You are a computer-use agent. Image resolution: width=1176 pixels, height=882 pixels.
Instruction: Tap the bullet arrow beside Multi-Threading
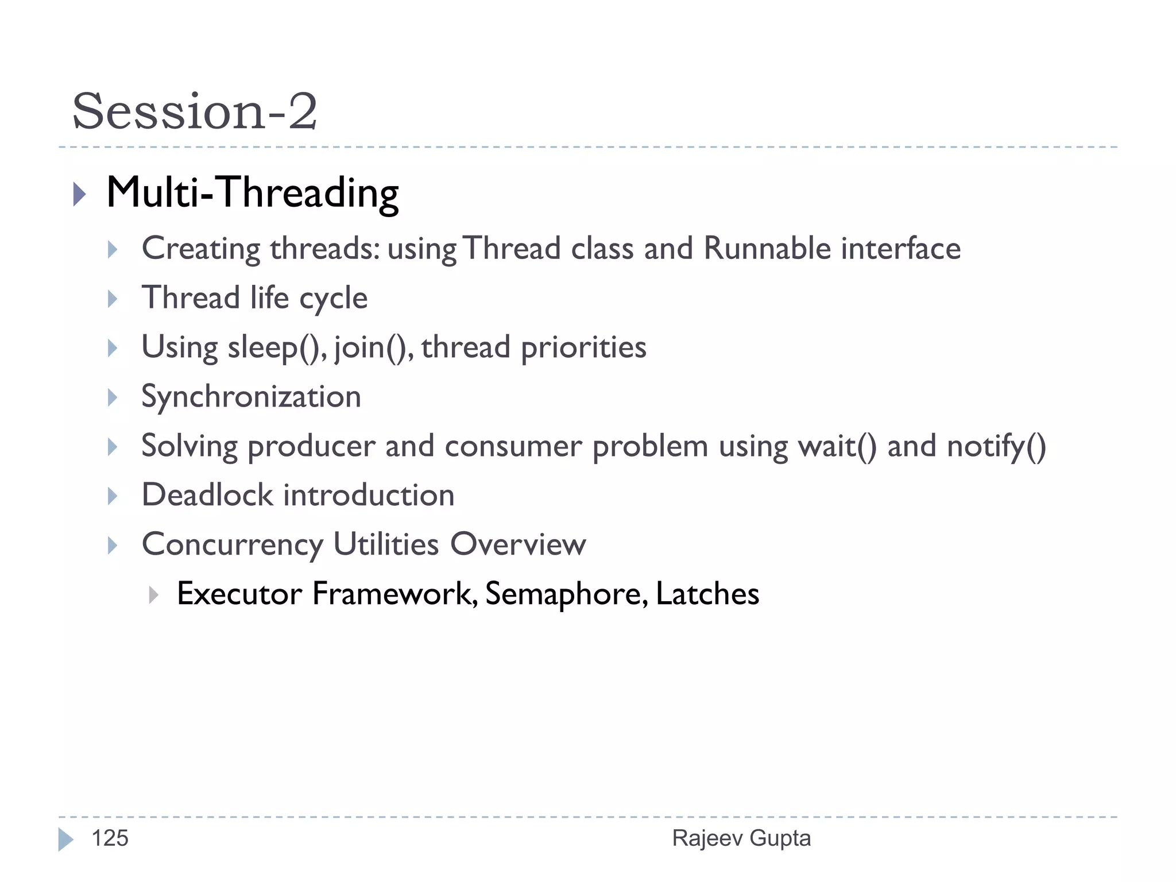80,194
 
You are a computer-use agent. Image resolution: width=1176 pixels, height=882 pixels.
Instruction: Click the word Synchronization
251,397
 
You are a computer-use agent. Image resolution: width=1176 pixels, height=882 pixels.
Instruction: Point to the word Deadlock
207,495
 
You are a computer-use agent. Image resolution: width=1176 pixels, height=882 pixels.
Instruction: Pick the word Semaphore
566,594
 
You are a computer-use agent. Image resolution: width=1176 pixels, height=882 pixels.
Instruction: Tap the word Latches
707,594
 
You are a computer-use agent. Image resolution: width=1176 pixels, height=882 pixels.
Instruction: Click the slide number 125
110,838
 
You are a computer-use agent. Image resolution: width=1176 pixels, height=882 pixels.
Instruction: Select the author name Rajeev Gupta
741,838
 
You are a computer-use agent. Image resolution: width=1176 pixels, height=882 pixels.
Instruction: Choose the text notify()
996,447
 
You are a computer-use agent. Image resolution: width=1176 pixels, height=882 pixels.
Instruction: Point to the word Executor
239,594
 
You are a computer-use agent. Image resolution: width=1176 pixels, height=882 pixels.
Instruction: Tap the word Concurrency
233,544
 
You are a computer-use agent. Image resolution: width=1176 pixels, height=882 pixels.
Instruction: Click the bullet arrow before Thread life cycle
113,299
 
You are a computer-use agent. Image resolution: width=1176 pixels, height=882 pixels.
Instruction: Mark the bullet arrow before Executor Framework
153,595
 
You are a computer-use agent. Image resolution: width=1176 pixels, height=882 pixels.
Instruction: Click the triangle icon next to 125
65,840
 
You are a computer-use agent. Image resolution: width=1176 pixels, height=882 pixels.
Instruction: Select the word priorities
583,348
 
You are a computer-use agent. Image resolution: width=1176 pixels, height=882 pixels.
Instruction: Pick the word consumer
513,447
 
